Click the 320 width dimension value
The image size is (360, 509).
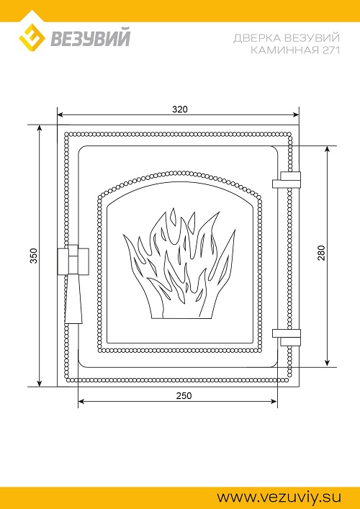pos(180,109)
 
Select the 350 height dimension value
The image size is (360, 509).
pos(35,256)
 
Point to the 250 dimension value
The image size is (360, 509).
pos(184,396)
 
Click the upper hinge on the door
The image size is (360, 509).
pos(287,180)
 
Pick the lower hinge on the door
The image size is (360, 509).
pos(287,338)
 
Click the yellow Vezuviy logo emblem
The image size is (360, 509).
pos(32,38)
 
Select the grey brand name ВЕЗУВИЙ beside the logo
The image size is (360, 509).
pos(91,38)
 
